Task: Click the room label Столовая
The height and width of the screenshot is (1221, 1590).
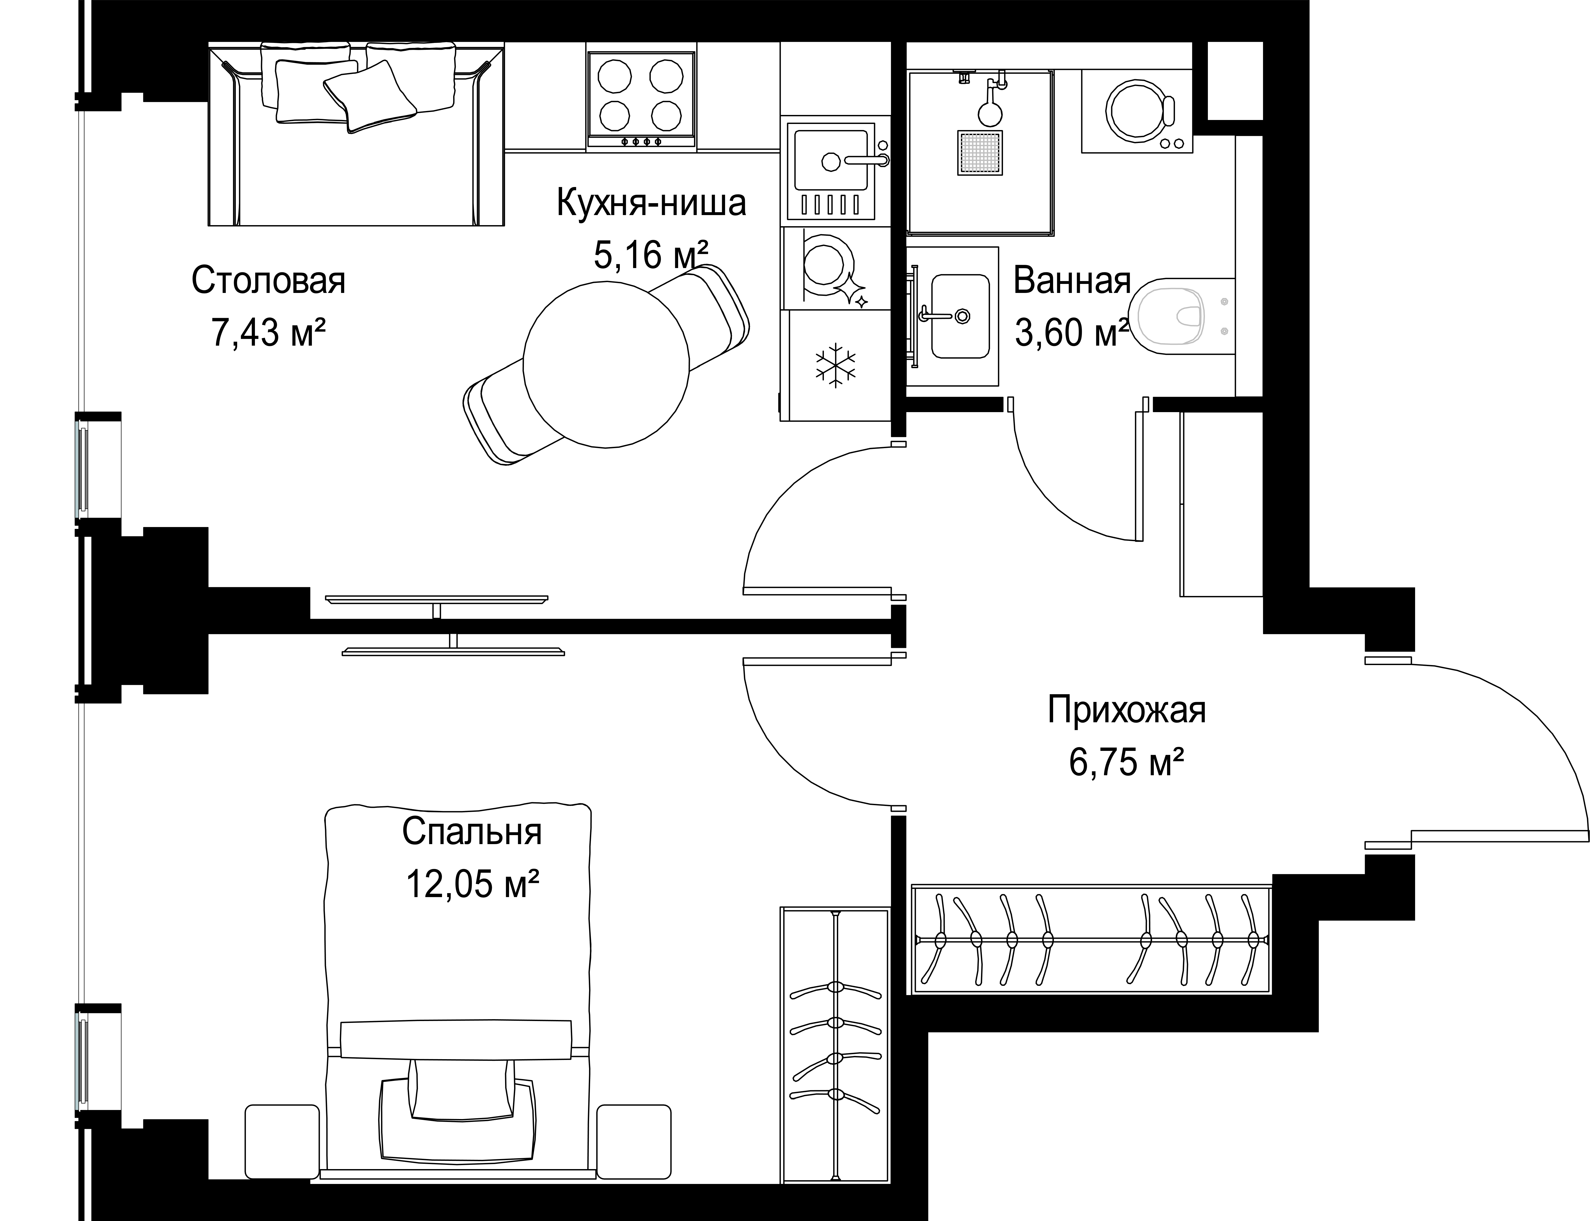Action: click(x=268, y=280)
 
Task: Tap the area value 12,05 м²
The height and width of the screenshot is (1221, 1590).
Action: click(x=472, y=885)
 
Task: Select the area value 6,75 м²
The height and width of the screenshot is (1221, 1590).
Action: click(x=1126, y=763)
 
